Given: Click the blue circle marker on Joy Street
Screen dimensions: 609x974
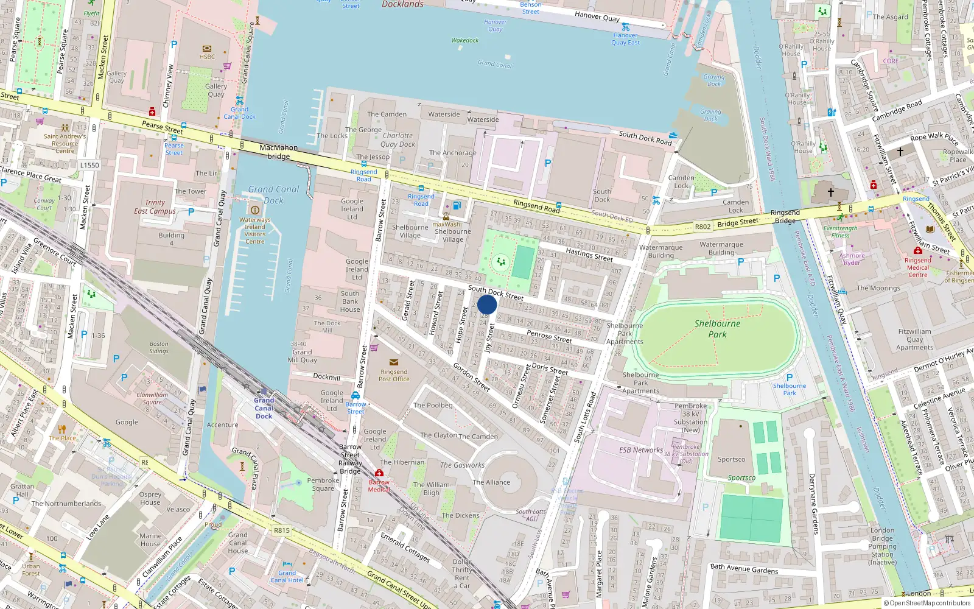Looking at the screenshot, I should (x=487, y=304).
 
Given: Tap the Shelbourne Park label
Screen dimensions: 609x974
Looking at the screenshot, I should (x=717, y=329).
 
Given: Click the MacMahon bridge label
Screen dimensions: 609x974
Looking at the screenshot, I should (x=279, y=152).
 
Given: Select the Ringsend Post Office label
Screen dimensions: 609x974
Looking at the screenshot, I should (x=394, y=375).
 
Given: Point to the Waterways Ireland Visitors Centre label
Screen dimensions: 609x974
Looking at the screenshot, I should (x=254, y=230).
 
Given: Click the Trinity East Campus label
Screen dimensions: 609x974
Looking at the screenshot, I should (x=155, y=206).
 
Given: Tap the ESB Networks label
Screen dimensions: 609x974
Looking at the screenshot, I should (x=641, y=450).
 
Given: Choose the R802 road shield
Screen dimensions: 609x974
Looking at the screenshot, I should (x=702, y=227).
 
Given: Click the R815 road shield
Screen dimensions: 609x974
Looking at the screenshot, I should (x=281, y=530).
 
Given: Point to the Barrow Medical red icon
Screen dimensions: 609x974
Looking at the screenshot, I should (x=379, y=473).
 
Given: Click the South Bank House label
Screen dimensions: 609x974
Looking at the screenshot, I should (x=350, y=301).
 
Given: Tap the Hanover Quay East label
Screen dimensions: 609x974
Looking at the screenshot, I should (x=625, y=39).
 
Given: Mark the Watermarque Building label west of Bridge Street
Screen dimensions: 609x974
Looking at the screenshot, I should (x=661, y=251).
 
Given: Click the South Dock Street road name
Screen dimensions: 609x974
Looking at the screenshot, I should (x=496, y=293).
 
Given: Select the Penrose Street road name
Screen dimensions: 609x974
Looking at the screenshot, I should (x=549, y=336).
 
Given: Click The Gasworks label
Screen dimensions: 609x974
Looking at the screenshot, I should (x=462, y=465).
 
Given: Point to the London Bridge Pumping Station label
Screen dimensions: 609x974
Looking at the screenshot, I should (x=882, y=546).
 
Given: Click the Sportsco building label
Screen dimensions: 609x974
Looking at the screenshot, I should (x=731, y=459).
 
